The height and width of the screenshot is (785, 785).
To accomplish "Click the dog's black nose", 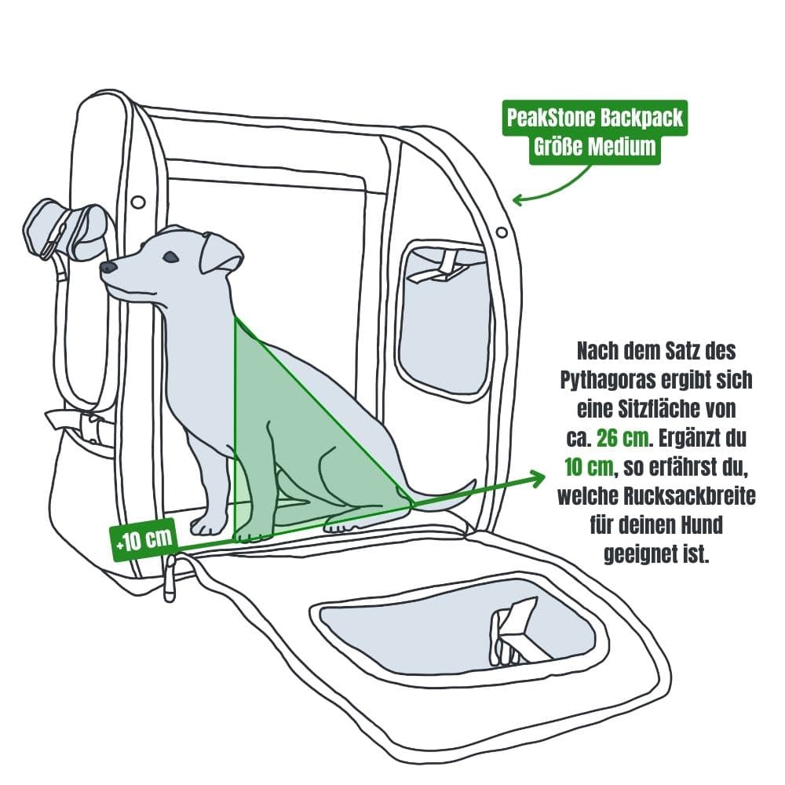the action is (x=107, y=268).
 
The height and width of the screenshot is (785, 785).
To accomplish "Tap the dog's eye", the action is (x=171, y=257).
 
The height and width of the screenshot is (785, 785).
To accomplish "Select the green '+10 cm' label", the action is (x=144, y=540).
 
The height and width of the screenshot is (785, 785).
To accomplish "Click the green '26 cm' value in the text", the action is (x=623, y=439).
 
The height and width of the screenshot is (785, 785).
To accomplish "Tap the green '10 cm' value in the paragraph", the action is (x=589, y=468).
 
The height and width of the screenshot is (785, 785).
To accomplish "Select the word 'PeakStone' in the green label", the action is (x=551, y=118).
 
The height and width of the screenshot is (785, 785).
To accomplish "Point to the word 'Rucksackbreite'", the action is (x=690, y=496).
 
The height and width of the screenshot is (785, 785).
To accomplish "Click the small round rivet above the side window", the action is (x=501, y=232).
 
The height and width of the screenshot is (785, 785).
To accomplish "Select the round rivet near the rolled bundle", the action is (x=137, y=203).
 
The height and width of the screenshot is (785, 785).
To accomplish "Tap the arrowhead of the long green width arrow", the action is (x=539, y=477).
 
